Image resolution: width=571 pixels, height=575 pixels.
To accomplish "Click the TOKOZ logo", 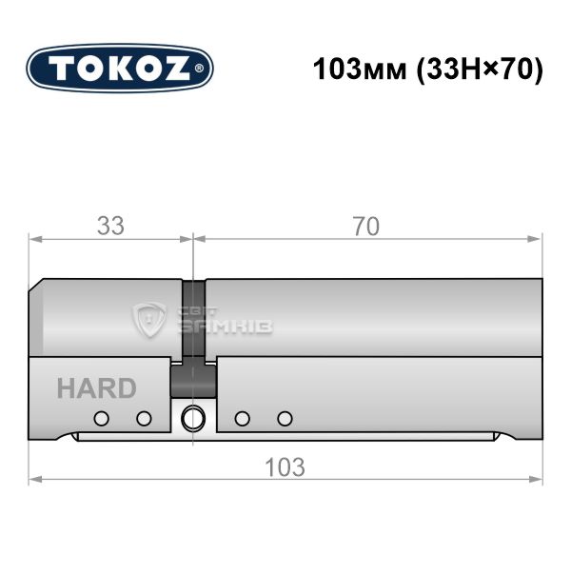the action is pyautogui.click(x=120, y=69).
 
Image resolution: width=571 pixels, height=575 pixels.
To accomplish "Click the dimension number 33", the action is pyautogui.click(x=110, y=226).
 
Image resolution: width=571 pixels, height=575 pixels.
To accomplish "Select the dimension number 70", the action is pyautogui.click(x=366, y=227).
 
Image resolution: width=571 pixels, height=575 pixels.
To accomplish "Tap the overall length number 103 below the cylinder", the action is pyautogui.click(x=285, y=467).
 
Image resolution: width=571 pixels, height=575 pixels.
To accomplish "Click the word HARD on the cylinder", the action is pyautogui.click(x=97, y=388).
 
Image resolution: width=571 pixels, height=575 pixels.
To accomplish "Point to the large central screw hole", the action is pyautogui.click(x=193, y=419).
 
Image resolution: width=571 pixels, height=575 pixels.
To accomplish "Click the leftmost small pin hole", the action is pyautogui.click(x=102, y=419).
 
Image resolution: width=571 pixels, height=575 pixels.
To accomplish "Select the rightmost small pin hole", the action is pyautogui.click(x=285, y=419).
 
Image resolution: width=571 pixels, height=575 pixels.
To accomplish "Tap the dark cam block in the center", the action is pyautogui.click(x=193, y=382).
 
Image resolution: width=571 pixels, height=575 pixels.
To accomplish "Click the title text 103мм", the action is pyautogui.click(x=360, y=69).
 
